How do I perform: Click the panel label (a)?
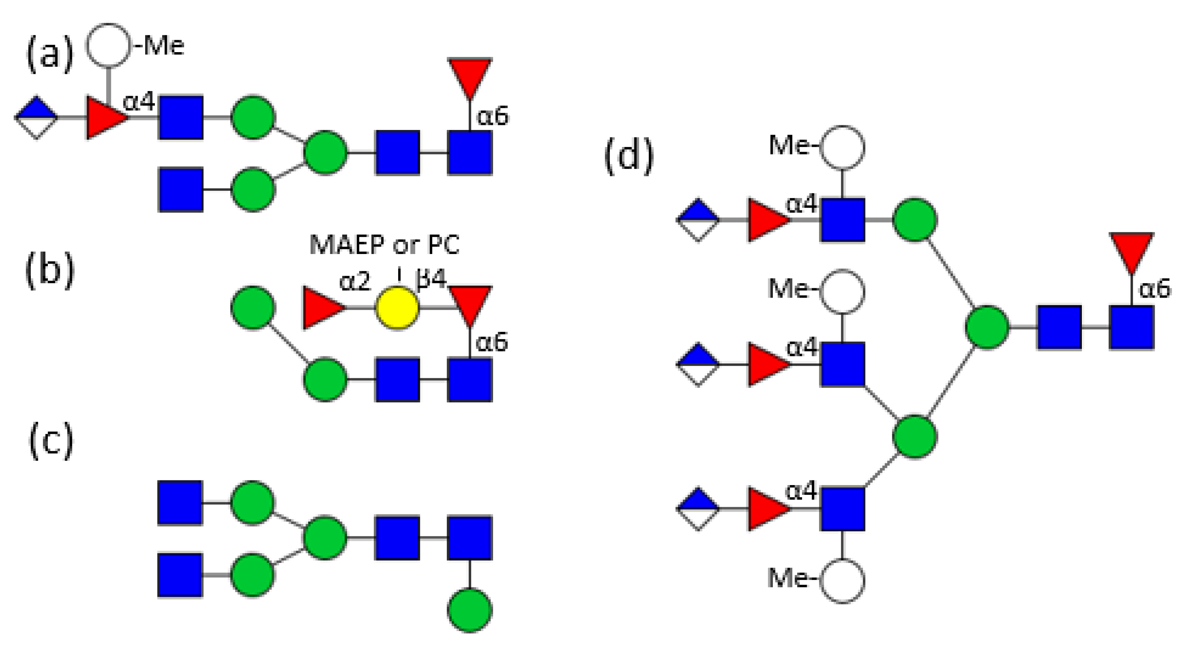point(50,54)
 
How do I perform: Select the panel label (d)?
point(628,156)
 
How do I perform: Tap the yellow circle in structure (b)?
point(397,308)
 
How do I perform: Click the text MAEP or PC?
point(384,245)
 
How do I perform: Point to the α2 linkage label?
point(354,281)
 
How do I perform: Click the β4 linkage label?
point(431,279)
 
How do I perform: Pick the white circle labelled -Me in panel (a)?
point(109,45)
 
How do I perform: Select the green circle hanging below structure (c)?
point(470,610)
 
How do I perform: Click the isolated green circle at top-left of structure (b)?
point(253,308)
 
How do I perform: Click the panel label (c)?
point(51,440)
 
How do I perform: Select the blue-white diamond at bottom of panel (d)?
point(698,509)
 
